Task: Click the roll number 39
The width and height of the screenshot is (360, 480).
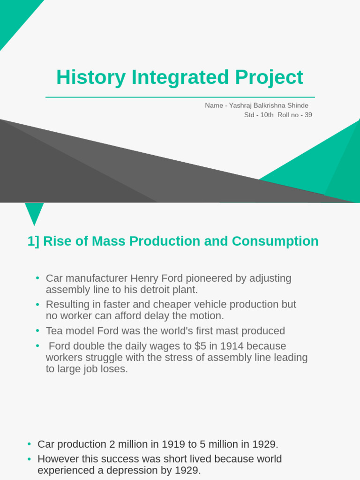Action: coord(308,115)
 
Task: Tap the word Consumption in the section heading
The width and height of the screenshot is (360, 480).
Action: coord(275,241)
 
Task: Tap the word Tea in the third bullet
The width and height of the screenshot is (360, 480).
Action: coord(55,331)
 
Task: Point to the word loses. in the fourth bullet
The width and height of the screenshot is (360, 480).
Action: coord(115,369)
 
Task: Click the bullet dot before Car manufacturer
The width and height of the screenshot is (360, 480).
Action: coord(37,278)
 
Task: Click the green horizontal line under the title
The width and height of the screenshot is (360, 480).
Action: coord(180,97)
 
